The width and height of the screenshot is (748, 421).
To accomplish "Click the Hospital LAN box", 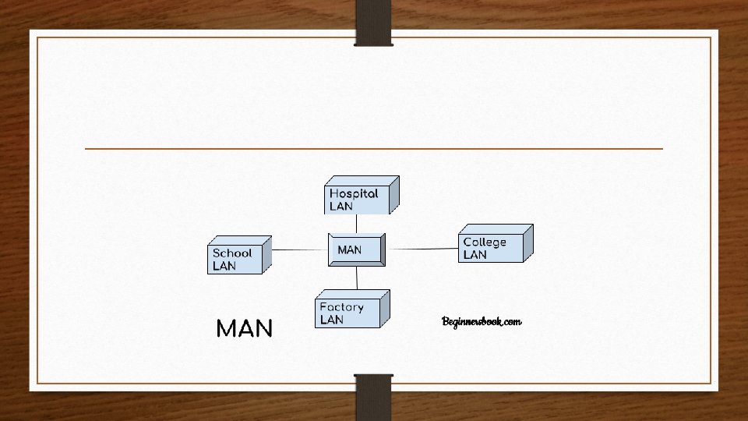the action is [x=358, y=197].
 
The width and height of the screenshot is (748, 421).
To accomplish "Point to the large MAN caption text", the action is [x=244, y=329].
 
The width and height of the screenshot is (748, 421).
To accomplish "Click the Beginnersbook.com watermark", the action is [x=482, y=321].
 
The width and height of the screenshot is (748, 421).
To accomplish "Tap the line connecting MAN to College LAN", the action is [x=421, y=249].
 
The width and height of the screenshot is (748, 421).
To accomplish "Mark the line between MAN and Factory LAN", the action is [x=357, y=278].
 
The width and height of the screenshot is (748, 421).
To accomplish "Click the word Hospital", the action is [x=354, y=193].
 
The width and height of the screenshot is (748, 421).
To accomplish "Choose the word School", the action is [x=232, y=253].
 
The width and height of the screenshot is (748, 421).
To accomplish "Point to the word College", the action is [x=485, y=242].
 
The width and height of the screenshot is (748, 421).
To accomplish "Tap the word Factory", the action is [x=341, y=307].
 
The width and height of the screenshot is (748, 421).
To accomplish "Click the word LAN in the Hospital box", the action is [x=341, y=207].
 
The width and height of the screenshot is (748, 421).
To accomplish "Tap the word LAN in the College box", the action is [x=475, y=255].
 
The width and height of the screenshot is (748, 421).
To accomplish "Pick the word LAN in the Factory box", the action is [x=331, y=320].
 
